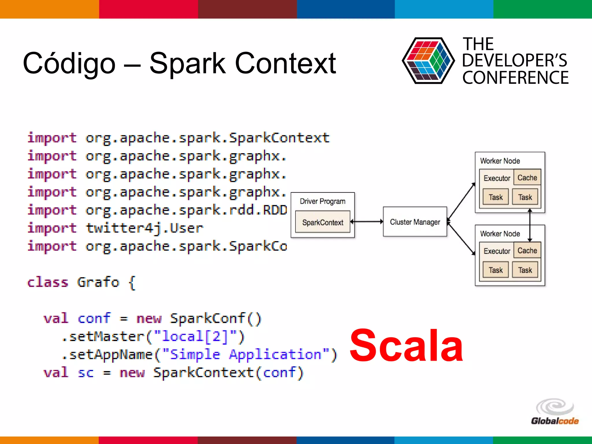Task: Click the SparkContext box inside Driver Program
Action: (323, 222)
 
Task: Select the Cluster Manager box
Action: (415, 222)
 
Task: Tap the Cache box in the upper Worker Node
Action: (527, 177)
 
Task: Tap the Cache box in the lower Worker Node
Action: (527, 250)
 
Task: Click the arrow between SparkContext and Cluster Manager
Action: (367, 222)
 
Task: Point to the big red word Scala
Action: (406, 346)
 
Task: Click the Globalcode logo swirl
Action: (555, 406)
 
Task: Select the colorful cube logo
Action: (428, 61)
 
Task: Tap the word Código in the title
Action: (69, 63)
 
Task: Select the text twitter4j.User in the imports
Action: (145, 228)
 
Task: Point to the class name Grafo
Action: (98, 282)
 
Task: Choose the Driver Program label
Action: (322, 201)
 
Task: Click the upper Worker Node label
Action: (500, 161)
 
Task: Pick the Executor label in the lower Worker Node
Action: (497, 251)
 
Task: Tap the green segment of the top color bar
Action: (543, 9)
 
